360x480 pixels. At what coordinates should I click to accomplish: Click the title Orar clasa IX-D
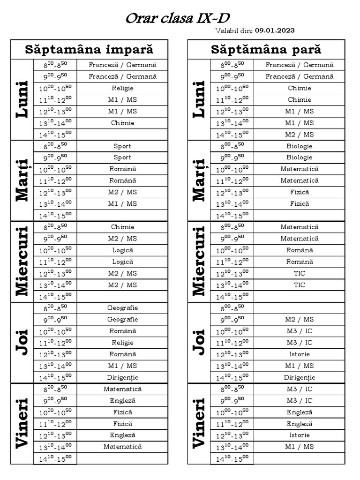(x=180, y=19)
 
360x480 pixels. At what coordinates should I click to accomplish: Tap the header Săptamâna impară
(x=89, y=50)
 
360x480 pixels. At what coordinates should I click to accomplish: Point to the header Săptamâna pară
(x=266, y=50)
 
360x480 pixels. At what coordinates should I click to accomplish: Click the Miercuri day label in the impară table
(x=22, y=261)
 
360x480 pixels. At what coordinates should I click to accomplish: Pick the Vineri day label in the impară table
(x=22, y=424)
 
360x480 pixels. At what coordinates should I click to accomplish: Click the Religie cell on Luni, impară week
(x=123, y=88)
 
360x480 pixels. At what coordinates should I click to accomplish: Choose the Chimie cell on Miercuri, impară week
(x=123, y=227)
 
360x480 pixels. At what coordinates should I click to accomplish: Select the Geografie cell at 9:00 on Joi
(x=123, y=320)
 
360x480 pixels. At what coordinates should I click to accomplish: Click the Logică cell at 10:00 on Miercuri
(x=123, y=250)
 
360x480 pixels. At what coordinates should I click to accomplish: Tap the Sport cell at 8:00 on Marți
(x=123, y=146)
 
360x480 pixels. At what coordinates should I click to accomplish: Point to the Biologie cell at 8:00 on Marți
(x=300, y=146)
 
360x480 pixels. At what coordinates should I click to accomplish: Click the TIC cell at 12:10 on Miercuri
(x=300, y=273)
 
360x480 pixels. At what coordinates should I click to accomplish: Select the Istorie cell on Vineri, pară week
(x=300, y=435)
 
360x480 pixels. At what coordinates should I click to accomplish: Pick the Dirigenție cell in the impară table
(x=123, y=377)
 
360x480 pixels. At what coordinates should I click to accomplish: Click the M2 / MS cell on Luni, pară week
(x=300, y=134)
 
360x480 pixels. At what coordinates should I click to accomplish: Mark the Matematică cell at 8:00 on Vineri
(x=123, y=389)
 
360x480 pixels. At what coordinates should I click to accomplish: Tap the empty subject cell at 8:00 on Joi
(x=300, y=308)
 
